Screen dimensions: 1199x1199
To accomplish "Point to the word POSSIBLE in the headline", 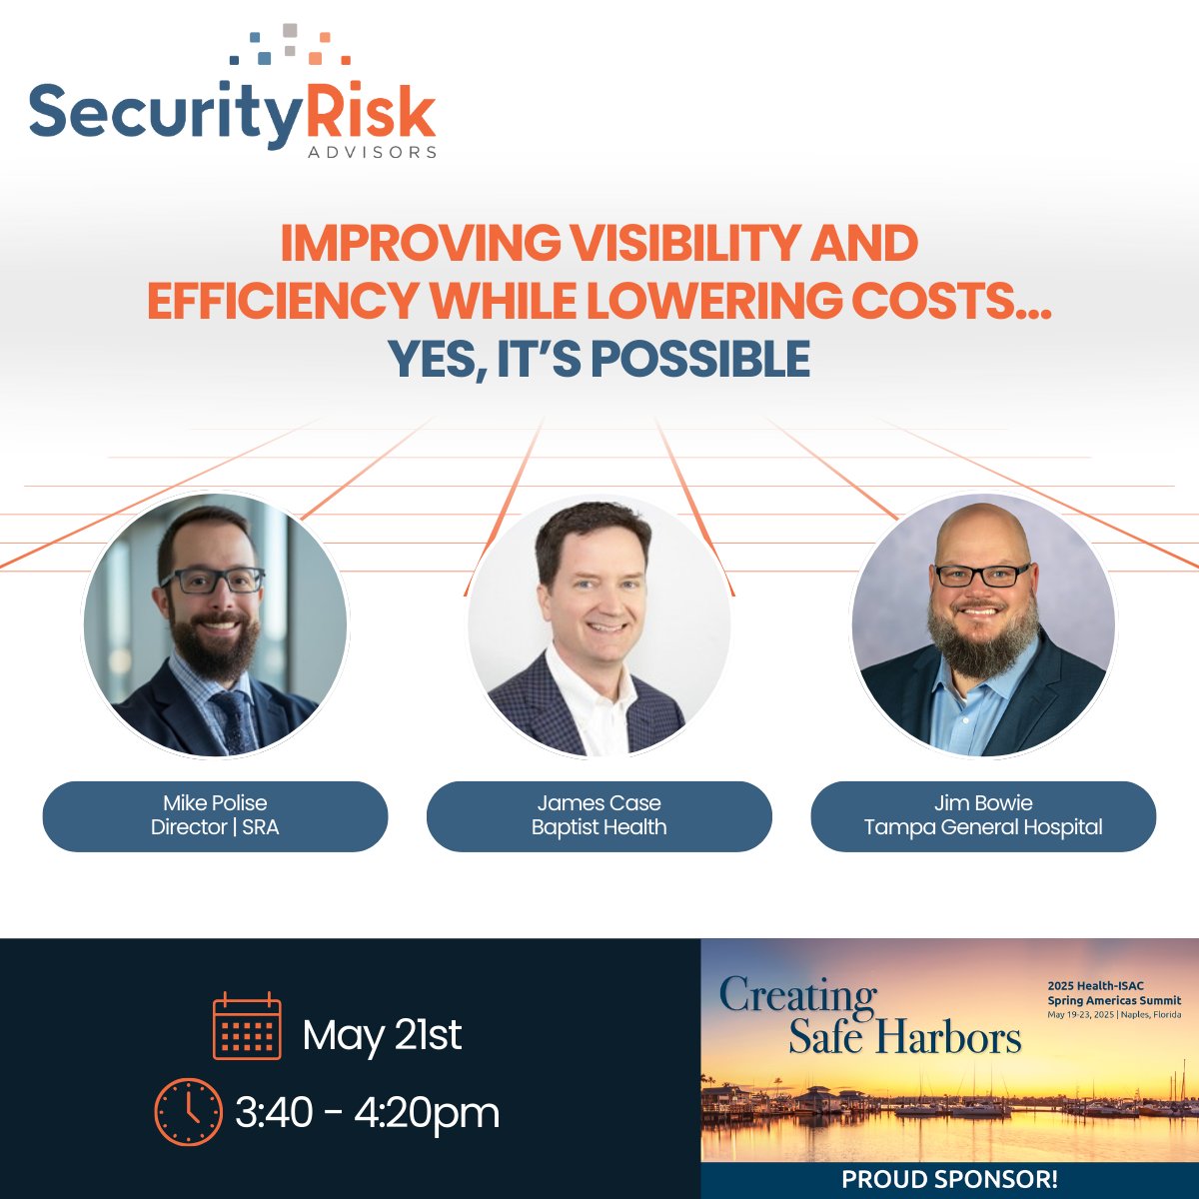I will [x=678, y=360].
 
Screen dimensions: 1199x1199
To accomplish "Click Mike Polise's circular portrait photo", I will [x=215, y=623].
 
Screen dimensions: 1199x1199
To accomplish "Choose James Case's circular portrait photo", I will [x=599, y=623].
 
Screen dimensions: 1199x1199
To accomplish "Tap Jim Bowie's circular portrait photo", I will [x=982, y=623].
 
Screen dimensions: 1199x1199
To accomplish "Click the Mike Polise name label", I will [x=215, y=803].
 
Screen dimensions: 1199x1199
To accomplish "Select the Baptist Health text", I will [x=599, y=827].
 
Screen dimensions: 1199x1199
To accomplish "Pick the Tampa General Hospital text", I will [x=983, y=827].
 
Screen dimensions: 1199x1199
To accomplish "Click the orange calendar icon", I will [x=247, y=1026].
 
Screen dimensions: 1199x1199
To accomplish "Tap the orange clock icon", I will [x=188, y=1111].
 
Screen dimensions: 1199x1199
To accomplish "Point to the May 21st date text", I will [x=382, y=1035].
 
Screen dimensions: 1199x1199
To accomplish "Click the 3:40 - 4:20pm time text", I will [x=367, y=1112].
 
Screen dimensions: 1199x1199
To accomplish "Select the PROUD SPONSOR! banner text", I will [x=949, y=1179].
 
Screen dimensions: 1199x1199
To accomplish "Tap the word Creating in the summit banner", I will [x=797, y=996].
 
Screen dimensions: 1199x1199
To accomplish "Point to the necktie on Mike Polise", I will [x=234, y=719].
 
